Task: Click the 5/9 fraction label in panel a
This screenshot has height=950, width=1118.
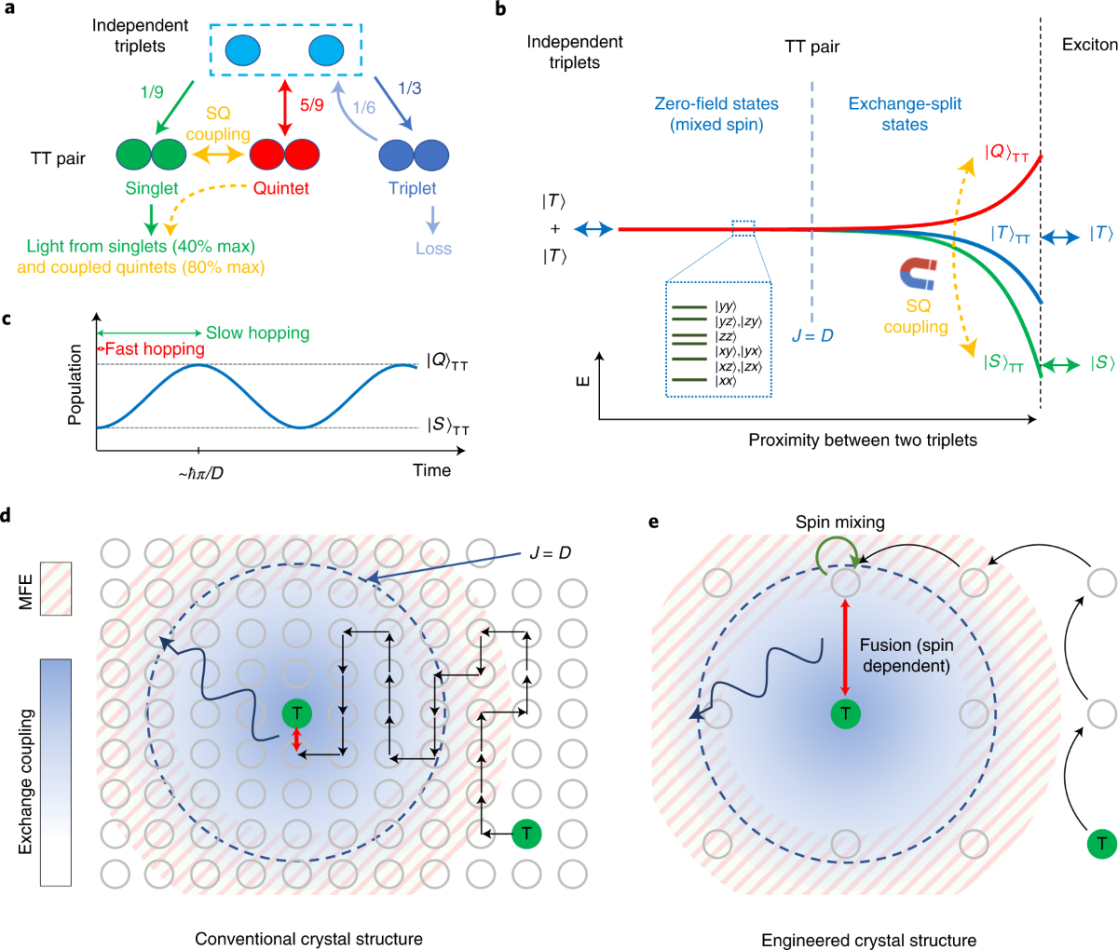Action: (311, 105)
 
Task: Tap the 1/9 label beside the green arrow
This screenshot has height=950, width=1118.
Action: (152, 91)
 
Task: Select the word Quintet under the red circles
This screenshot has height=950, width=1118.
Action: (280, 188)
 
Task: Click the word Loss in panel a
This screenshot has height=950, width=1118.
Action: (433, 249)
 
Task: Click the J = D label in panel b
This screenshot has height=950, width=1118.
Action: (812, 335)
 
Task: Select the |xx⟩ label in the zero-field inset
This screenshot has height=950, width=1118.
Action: (725, 381)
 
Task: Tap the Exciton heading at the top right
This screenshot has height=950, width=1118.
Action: (1089, 45)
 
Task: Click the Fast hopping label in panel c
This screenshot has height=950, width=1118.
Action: (154, 349)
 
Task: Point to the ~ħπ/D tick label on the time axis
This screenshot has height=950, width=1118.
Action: (200, 472)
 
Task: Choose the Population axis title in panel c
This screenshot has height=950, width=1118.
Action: (75, 385)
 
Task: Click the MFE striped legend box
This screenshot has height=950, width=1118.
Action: (56, 588)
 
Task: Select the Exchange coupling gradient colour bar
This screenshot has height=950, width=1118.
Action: (56, 771)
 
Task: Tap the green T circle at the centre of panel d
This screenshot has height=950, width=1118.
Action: (297, 714)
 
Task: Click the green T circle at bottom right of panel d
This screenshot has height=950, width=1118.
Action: (526, 833)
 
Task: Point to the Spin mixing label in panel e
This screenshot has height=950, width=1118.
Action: (839, 522)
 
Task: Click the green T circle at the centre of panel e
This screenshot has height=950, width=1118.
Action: (845, 714)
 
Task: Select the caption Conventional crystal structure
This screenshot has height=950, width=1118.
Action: (308, 938)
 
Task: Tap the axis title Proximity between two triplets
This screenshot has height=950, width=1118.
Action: (863, 440)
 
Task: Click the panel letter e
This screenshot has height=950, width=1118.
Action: (653, 521)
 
